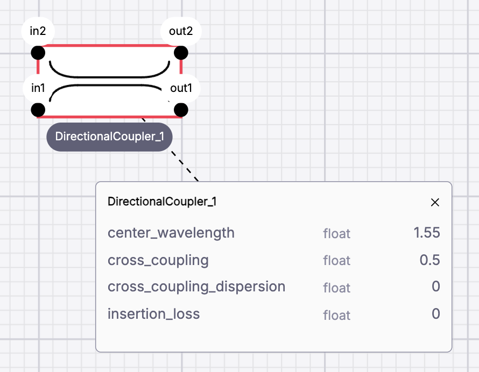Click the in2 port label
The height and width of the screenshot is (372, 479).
coord(38,31)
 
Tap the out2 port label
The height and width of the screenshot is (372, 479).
coord(181,31)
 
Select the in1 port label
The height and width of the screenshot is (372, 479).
coord(38,88)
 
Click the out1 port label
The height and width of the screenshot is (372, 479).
coord(181,88)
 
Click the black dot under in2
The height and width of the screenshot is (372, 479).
coord(38,53)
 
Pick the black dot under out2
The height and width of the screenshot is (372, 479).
coord(181,53)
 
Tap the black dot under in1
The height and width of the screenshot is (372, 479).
coord(38,110)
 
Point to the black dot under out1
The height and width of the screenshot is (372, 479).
coord(181,110)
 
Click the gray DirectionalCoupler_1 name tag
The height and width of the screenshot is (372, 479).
coord(109,137)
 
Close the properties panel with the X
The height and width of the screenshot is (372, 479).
coord(435,202)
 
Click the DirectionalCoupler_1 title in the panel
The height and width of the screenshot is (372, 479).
coord(162,202)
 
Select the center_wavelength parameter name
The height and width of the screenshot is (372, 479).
coord(171,233)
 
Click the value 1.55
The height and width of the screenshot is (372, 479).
coord(427,233)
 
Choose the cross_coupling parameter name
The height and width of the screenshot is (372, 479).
coord(158,260)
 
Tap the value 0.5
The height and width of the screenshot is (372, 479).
coord(430,260)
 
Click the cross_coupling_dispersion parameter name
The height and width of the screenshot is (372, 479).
coord(196,287)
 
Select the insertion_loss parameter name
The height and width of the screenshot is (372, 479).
coord(154,313)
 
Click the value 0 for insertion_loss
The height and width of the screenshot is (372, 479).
coord(436,313)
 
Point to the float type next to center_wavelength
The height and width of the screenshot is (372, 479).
coord(336,233)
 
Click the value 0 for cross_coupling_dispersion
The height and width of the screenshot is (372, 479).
coord(436,287)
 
